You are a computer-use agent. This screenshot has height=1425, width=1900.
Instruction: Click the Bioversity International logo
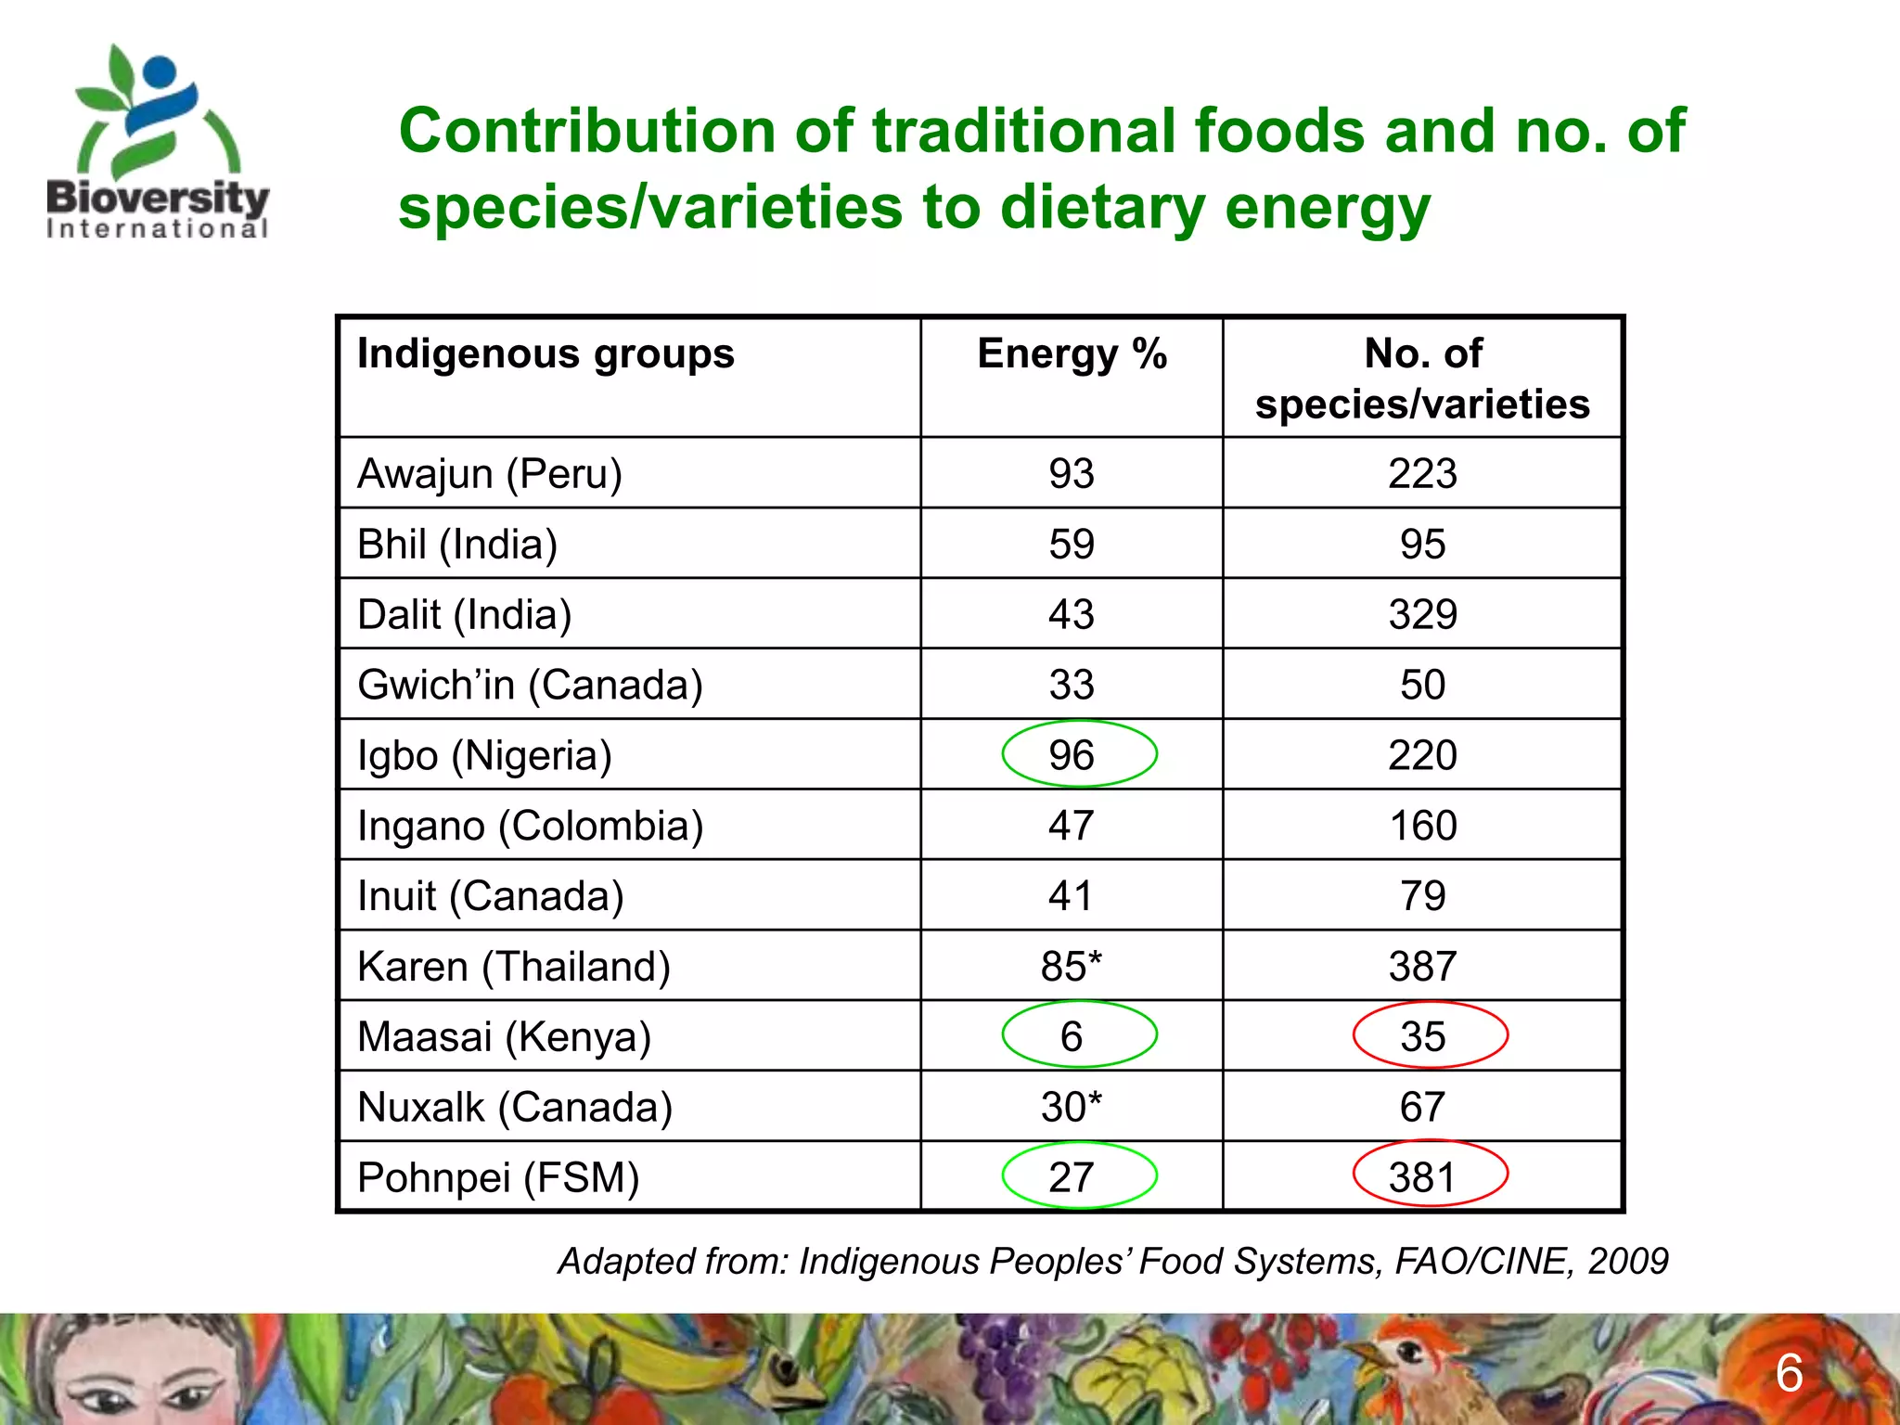(158, 144)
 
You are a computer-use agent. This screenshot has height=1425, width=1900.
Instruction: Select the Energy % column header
(1072, 354)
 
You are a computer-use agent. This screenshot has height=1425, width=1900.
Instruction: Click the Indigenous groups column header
(546, 354)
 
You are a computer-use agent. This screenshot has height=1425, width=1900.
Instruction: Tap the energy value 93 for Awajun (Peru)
(1072, 474)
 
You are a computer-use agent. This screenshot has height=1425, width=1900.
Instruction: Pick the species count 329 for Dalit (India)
(1422, 615)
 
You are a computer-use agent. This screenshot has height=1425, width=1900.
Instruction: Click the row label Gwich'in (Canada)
(530, 686)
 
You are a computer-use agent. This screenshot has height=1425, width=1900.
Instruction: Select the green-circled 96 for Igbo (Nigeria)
(1072, 755)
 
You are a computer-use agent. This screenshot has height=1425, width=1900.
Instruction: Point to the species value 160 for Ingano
(1422, 826)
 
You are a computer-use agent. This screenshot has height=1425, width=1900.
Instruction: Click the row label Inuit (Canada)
(490, 896)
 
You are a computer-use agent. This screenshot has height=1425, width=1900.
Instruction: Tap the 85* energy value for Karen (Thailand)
(1072, 967)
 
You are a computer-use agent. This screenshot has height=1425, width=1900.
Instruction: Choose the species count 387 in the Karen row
(1422, 967)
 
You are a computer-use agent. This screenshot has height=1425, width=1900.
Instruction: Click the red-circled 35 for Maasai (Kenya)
(1422, 1036)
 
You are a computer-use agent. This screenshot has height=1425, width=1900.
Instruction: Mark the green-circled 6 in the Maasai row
(1072, 1036)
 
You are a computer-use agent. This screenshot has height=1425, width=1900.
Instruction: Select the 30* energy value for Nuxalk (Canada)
(1072, 1107)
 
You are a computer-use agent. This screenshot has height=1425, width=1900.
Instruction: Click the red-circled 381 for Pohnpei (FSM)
(1422, 1177)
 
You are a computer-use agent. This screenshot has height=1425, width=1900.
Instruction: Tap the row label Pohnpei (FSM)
(498, 1177)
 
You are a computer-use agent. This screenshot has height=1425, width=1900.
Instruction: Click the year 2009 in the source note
(1627, 1262)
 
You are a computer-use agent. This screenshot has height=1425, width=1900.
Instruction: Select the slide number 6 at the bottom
(1789, 1374)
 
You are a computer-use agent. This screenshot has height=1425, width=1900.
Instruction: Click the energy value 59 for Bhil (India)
(1072, 545)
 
